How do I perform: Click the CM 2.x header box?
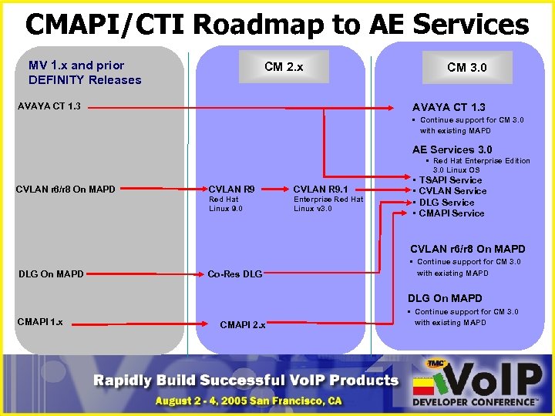(x=284, y=67)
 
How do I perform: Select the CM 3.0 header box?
(x=467, y=67)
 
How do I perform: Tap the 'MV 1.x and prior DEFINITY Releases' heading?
(x=85, y=72)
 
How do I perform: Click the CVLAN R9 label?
(x=232, y=187)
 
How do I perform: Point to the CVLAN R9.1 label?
(x=321, y=187)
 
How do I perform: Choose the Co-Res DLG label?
(x=235, y=273)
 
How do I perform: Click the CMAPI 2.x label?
(x=243, y=325)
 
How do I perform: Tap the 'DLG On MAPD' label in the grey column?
(x=50, y=273)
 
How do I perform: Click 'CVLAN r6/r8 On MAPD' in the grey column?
(x=65, y=187)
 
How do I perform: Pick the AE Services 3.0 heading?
(x=452, y=149)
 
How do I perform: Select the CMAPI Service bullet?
(x=452, y=213)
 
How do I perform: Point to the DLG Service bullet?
(x=447, y=202)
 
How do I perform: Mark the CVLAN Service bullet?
(x=453, y=191)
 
